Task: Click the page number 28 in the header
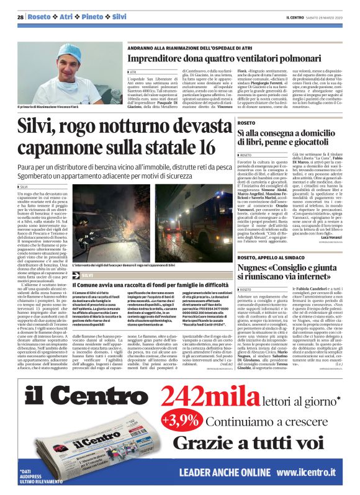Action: point(20,16)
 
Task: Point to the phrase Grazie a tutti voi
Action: point(248,443)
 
